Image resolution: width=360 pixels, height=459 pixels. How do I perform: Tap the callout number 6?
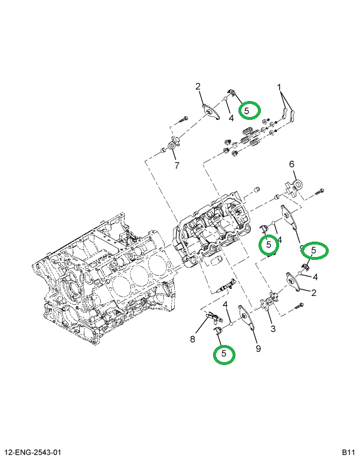291,164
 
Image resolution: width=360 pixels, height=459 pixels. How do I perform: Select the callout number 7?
176,165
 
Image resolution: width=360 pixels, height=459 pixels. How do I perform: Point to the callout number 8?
192,338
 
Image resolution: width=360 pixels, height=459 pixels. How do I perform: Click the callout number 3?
273,328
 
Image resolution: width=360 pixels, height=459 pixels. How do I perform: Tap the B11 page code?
348,452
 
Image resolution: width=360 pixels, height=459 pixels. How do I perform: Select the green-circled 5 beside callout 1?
248,110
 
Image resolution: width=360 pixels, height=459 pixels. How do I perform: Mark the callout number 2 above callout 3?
313,292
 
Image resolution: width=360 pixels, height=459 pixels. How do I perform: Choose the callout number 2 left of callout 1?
198,87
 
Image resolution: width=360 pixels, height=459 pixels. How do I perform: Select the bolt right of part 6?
319,191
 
